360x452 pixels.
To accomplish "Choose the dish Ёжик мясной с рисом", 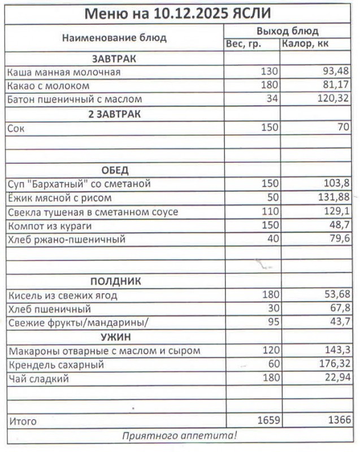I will pyautogui.click(x=59, y=198).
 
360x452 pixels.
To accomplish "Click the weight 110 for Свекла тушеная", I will pyautogui.click(x=270, y=212).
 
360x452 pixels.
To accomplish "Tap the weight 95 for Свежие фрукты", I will pyautogui.click(x=272, y=323).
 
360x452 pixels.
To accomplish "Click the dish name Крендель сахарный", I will pyautogui.click(x=55, y=365).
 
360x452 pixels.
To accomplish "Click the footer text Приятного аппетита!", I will pyautogui.click(x=179, y=436).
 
